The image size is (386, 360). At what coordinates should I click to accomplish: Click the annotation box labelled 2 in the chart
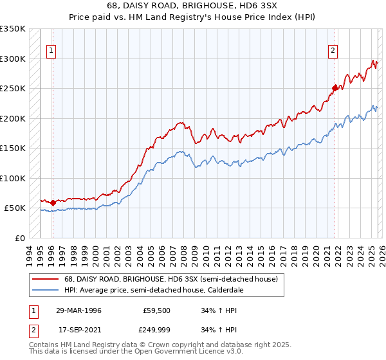333,52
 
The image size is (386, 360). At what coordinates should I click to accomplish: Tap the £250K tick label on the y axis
13,89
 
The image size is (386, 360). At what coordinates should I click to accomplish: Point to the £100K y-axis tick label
13,178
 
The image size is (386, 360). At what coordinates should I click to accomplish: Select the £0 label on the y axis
20,238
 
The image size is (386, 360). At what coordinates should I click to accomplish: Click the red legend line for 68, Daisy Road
45,280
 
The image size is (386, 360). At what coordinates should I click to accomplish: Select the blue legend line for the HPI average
45,291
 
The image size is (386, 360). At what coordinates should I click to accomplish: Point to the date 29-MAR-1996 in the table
78,310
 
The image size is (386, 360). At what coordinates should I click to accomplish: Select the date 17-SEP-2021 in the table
78,332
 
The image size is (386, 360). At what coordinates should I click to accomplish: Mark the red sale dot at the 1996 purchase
53,203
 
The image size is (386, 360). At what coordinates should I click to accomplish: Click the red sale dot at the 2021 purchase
335,88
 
